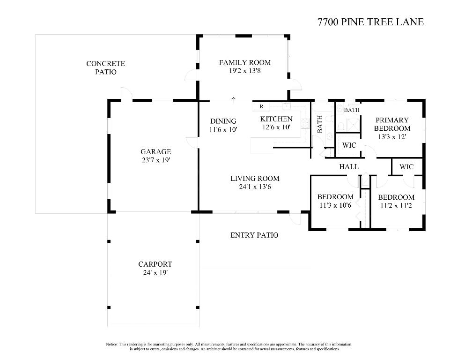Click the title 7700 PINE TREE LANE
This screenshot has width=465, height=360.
tap(370, 22)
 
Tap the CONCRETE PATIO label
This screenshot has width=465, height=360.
tap(105, 67)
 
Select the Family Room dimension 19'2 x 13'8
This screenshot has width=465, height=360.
tap(244, 71)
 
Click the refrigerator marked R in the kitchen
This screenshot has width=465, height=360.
tap(261, 107)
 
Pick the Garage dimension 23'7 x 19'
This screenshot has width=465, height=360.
tap(155, 160)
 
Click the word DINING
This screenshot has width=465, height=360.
tap(223, 121)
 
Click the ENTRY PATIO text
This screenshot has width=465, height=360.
tap(254, 235)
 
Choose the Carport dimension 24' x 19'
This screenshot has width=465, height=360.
tap(155, 272)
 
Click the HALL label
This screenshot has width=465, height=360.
tap(349, 166)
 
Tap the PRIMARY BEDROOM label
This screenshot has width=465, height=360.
tap(392, 124)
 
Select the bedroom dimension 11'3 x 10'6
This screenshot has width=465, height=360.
tap(335, 205)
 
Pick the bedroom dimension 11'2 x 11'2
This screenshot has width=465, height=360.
tap(396, 205)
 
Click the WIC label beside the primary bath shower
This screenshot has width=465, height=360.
tap(349, 145)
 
